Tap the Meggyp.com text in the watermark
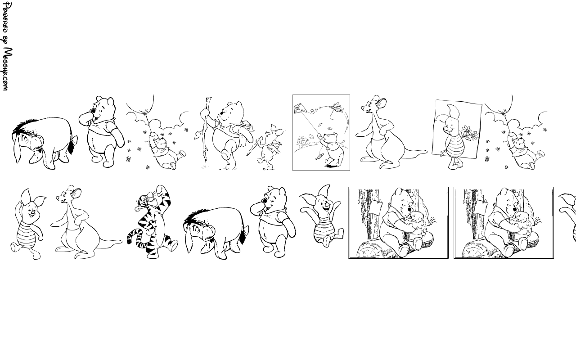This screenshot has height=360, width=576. pyautogui.click(x=7, y=69)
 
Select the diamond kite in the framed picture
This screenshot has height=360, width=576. pyautogui.click(x=300, y=108)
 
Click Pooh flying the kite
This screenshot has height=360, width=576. pyautogui.click(x=332, y=148)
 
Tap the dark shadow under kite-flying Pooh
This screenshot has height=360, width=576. pyautogui.click(x=332, y=166)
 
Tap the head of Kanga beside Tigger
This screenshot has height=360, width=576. pyautogui.click(x=67, y=195)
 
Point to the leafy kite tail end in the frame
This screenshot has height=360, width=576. pyautogui.click(x=319, y=156)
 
